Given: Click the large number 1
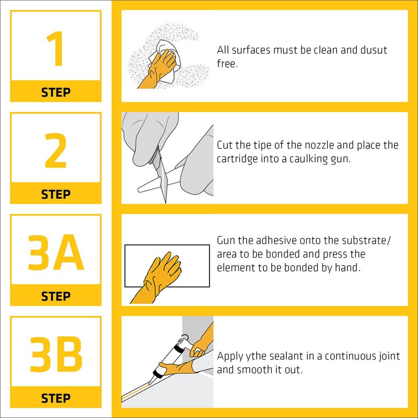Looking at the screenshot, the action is click(56, 49).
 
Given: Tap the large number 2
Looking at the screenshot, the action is click(55, 150).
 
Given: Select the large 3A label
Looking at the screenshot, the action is click(56, 252).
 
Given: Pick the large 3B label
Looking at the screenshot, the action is click(56, 354).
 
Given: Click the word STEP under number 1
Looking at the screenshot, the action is click(56, 92).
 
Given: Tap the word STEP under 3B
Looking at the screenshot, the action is click(56, 398).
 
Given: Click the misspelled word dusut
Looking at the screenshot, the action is click(374, 50).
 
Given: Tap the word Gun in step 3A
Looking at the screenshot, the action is click(226, 240).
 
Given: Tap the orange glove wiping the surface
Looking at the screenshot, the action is click(158, 70).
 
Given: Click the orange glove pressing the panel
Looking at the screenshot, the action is click(157, 277).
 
